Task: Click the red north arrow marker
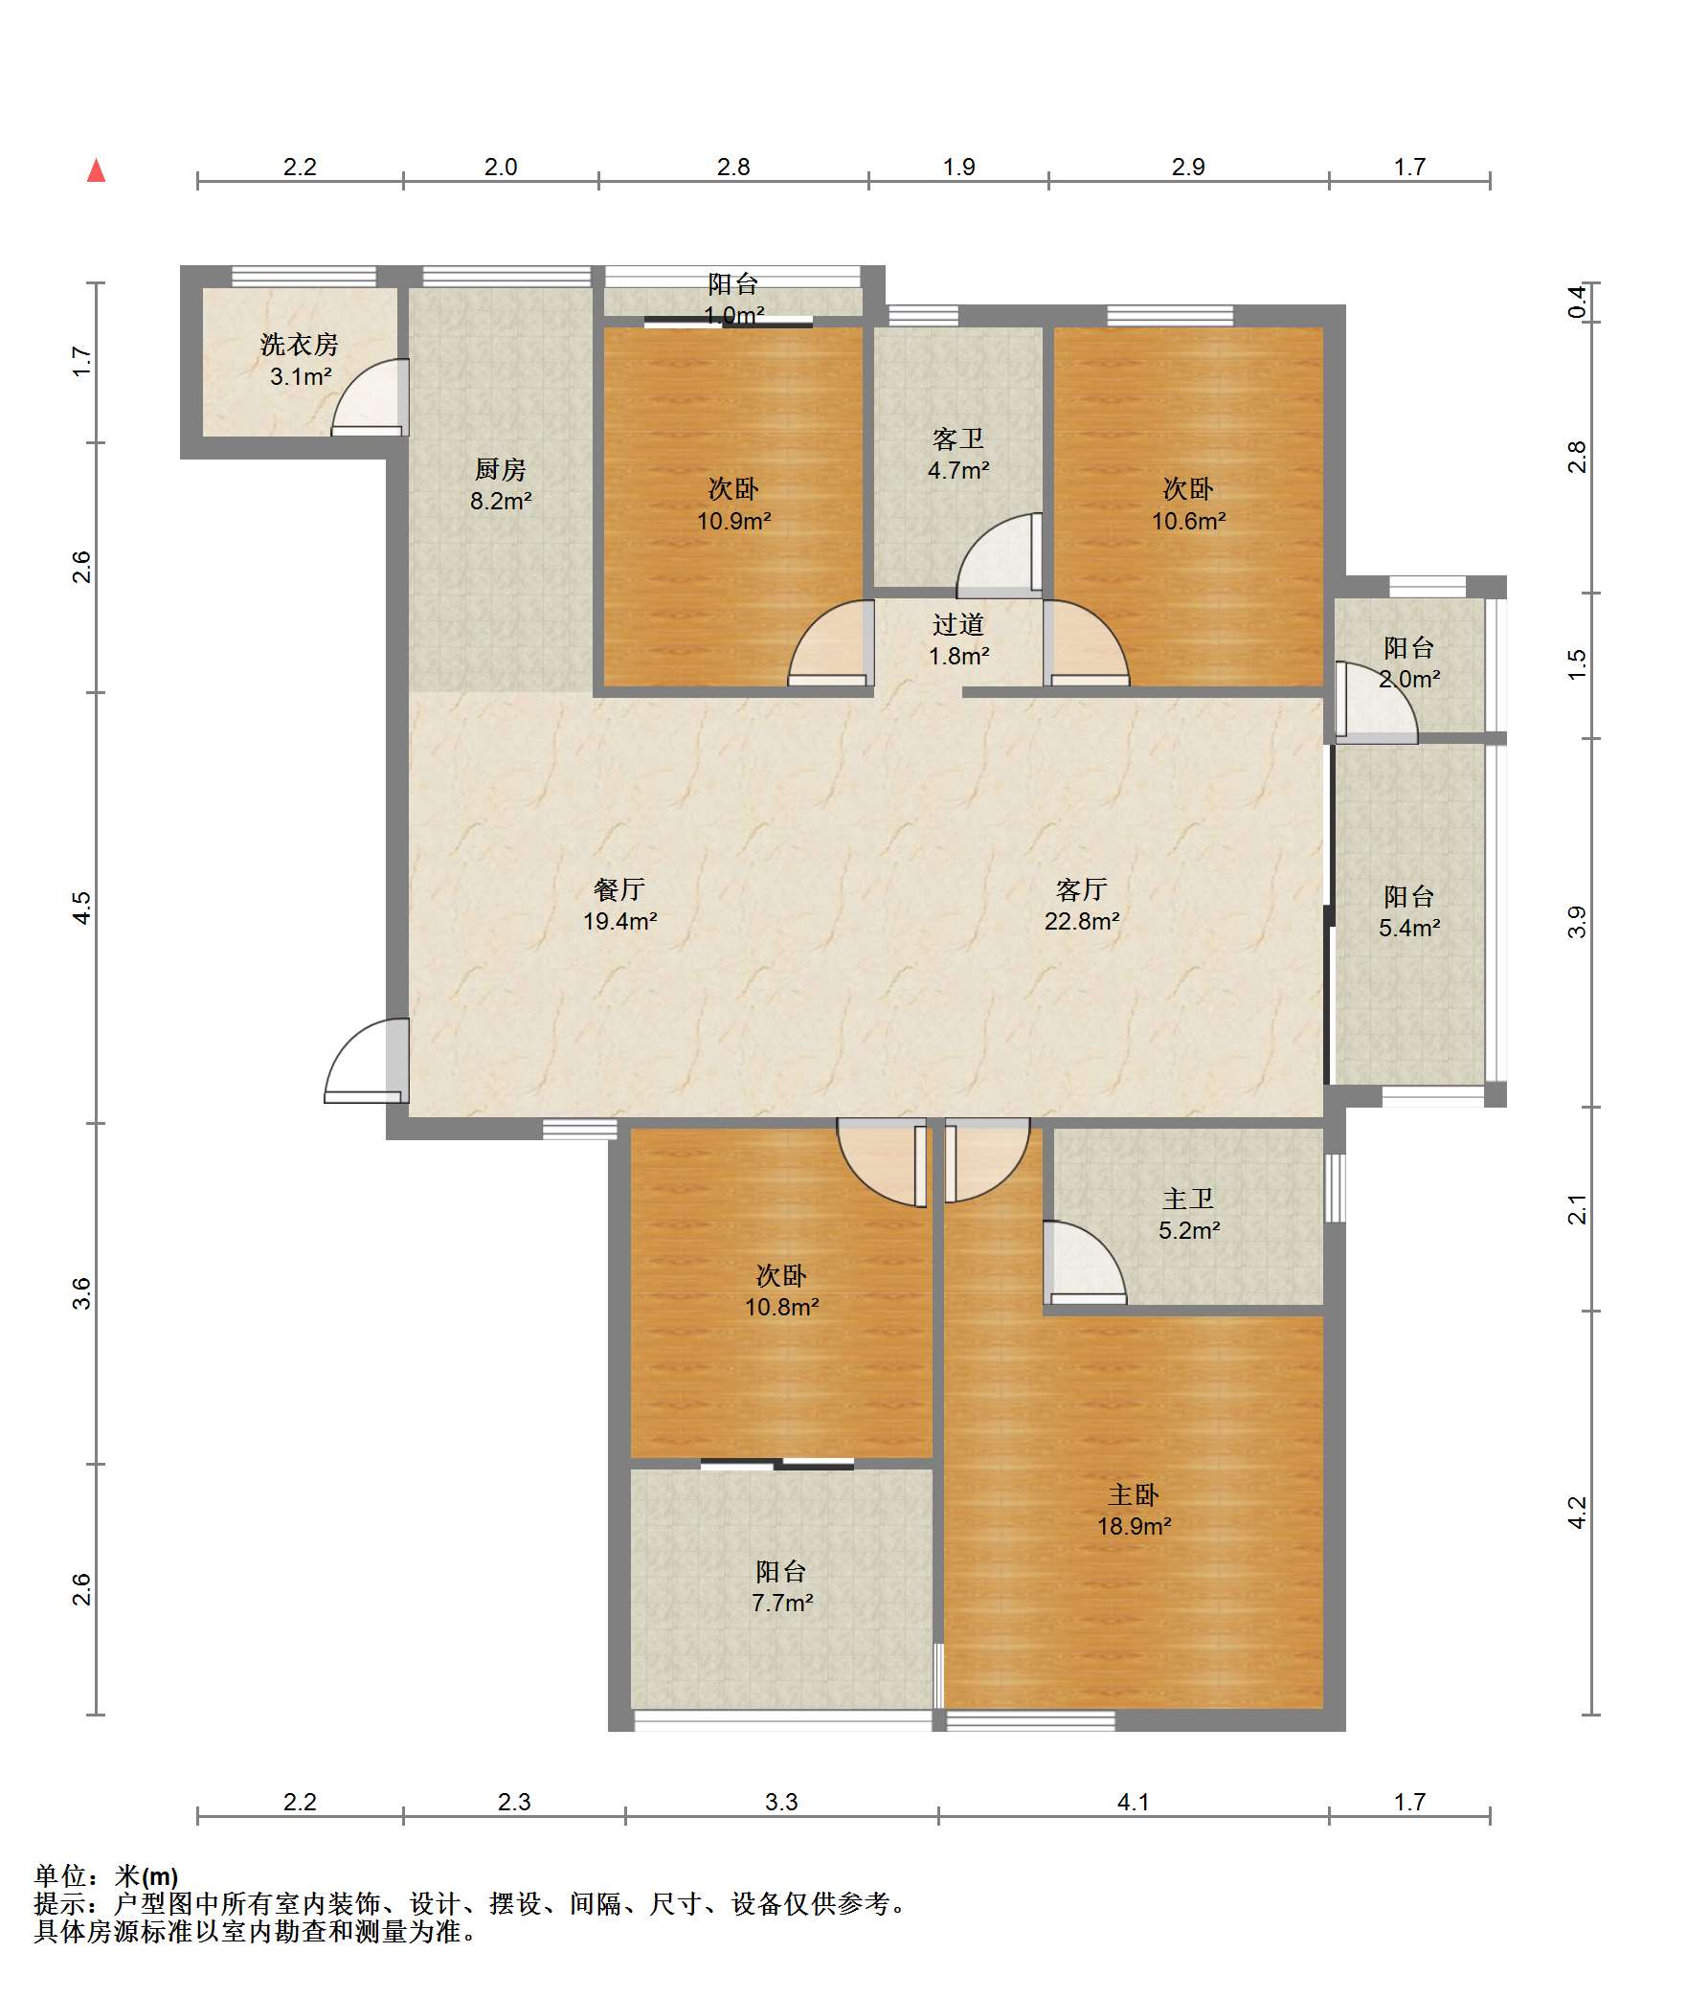tap(96, 170)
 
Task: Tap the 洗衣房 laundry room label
tap(300, 345)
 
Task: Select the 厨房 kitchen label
tap(501, 469)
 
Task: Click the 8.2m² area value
tap(501, 501)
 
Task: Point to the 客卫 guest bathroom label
tap(958, 439)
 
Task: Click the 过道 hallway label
tap(958, 625)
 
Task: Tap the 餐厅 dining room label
tap(619, 889)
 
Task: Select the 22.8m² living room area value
tap(1082, 921)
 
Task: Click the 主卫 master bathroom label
tap(1188, 1199)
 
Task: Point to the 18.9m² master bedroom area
tap(1134, 1526)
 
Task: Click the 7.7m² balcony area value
tap(782, 1603)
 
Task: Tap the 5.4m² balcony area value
tap(1409, 928)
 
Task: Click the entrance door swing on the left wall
tap(366, 1061)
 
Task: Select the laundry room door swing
tap(370, 397)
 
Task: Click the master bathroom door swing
tap(1084, 1263)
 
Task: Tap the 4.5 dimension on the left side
tap(82, 908)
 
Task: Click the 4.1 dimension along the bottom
tap(1134, 1803)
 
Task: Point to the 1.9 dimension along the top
tap(958, 168)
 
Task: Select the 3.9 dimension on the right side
tap(1577, 922)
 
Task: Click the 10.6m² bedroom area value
tap(1188, 521)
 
